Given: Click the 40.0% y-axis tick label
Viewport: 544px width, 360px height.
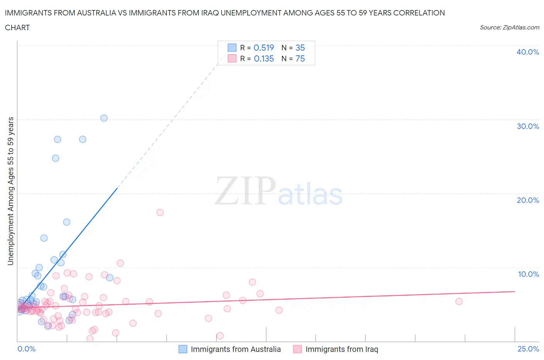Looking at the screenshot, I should point(528,52).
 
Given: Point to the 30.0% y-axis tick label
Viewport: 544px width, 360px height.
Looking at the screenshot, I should point(528,126).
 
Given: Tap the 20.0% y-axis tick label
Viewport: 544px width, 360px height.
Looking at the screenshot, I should point(528,200).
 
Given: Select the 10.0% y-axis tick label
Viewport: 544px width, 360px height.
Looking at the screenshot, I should point(528,274).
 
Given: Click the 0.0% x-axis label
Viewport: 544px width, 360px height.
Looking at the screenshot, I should point(27,349).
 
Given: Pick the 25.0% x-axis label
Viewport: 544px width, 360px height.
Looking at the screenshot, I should point(528,349).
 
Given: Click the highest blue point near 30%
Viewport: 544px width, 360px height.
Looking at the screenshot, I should point(104,118).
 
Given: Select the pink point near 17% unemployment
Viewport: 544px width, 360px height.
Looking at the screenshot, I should point(160,212).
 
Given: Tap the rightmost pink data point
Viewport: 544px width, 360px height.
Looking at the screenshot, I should point(459,302).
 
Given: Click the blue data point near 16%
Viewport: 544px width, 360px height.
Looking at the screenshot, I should point(67,222).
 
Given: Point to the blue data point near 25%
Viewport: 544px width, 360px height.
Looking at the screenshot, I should point(56,158).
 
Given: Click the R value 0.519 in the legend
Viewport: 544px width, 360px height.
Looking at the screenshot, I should point(263,48).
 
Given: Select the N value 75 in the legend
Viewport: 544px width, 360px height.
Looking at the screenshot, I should point(300,58).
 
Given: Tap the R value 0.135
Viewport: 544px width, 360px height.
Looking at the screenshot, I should point(263,58).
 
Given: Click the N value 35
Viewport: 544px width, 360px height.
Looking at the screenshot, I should point(300,48).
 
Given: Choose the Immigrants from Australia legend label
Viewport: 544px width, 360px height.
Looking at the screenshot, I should point(236,349).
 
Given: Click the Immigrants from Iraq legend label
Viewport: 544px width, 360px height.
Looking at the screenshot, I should point(342,349).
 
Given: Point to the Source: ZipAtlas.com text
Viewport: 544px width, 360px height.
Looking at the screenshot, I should point(509,27).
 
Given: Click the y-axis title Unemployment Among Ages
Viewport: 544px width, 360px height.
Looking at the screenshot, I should point(11,191).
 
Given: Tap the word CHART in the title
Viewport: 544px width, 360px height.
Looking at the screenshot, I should point(17,27).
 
